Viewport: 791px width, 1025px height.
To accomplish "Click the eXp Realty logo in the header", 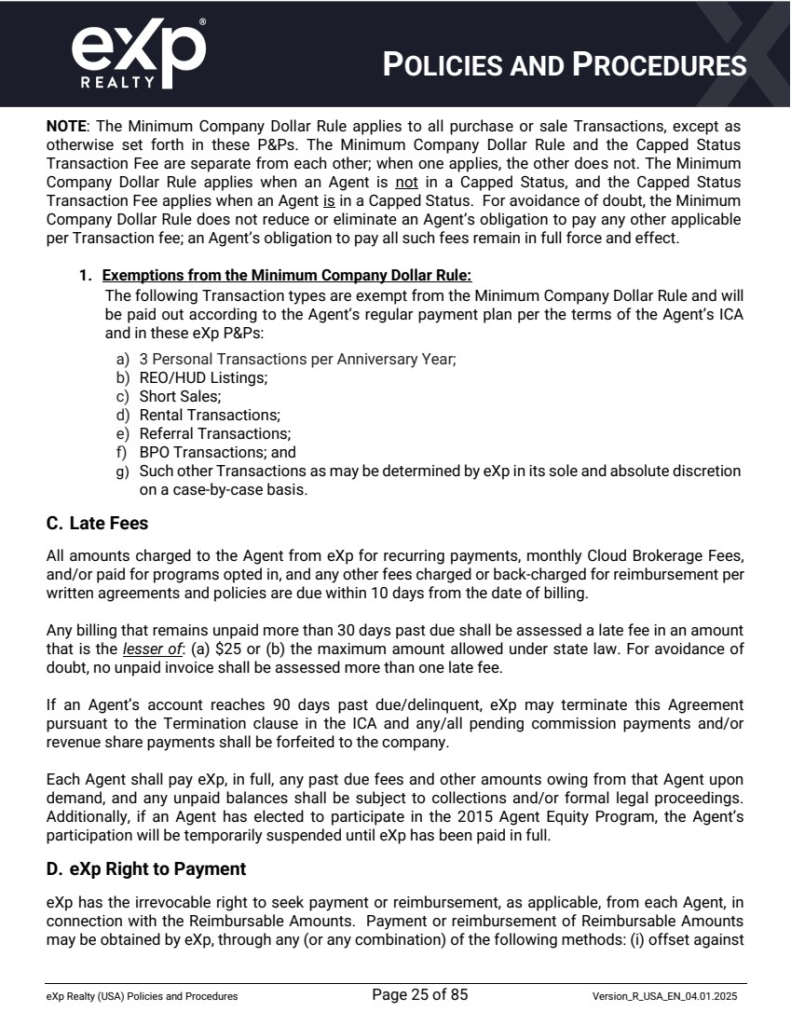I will coord(138,54).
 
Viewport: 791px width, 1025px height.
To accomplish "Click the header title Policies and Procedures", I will coord(565,64).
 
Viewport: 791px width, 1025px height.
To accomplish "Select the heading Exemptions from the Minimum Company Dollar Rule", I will coord(287,275).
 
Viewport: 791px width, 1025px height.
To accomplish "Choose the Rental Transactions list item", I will coord(210,415).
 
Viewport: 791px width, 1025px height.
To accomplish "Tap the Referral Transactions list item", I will coord(214,433).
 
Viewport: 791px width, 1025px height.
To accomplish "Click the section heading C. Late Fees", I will coord(97,524).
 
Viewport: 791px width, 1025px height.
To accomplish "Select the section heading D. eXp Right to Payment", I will coord(145,868).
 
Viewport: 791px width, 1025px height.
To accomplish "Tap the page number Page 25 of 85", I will coord(419,994).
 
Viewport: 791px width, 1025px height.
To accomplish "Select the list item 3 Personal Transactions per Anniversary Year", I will coord(297,359).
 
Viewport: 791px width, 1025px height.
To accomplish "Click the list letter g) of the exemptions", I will coord(122,471).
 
